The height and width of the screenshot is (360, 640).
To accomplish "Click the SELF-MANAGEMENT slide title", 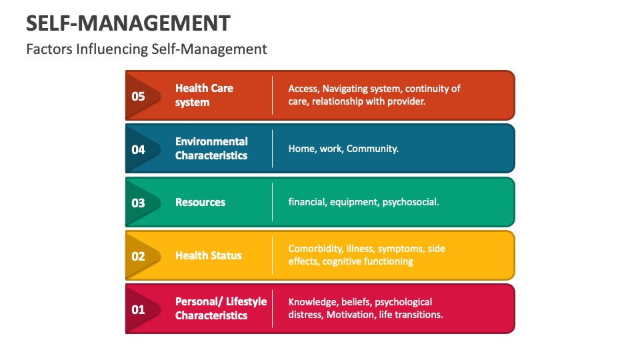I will [128, 23].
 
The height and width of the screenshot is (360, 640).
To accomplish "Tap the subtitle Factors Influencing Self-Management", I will [147, 49].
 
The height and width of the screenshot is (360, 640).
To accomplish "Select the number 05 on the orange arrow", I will [138, 96].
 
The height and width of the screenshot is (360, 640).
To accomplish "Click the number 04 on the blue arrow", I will [138, 149].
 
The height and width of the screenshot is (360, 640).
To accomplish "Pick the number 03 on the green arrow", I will [138, 203].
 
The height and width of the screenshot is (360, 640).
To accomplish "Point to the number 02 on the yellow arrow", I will [138, 256].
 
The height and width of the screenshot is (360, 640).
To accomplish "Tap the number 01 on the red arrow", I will [138, 309].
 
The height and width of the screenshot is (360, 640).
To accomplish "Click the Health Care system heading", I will [204, 95].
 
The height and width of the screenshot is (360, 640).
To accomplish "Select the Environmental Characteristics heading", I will [211, 149].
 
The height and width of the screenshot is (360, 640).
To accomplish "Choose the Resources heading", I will [200, 202].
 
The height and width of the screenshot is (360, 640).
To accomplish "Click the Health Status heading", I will [208, 255].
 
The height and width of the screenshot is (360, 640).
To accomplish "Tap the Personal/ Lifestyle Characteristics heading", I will [221, 309].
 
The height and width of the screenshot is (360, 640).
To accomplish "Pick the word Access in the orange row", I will [303, 89].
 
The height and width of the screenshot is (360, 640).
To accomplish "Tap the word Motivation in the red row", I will [350, 315].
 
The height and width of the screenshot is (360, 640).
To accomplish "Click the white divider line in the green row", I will [273, 202].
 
